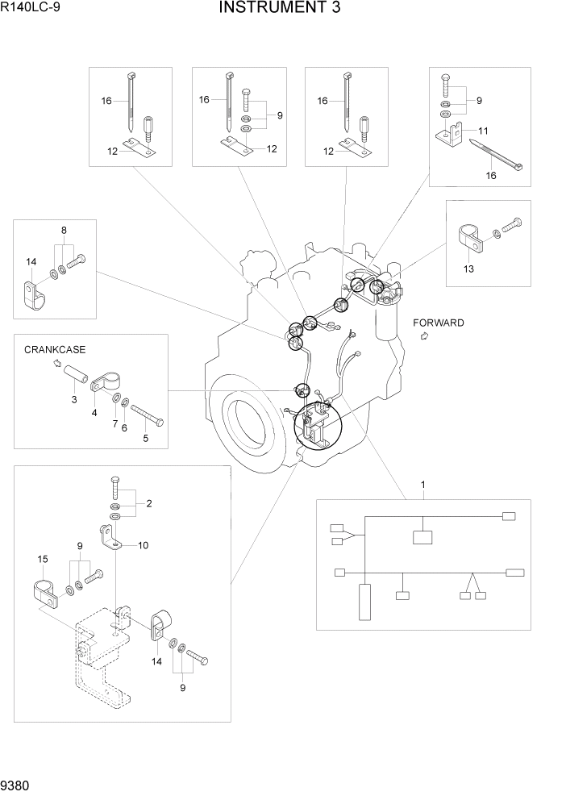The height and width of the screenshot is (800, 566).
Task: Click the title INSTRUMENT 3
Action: coord(279,9)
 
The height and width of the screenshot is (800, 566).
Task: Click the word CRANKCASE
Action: coord(55,350)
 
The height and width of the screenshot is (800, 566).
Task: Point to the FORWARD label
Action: coord(439,323)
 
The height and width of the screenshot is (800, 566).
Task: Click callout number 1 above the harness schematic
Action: coord(422,485)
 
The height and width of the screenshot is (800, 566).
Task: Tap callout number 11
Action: coord(483,131)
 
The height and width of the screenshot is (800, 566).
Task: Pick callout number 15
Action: coord(44,558)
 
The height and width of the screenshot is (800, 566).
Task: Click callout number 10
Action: coord(143,545)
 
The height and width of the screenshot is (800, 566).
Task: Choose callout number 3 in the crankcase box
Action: coord(73,399)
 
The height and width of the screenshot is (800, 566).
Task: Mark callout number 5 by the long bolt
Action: coord(146,439)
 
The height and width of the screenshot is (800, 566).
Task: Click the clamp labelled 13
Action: coord(470,237)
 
